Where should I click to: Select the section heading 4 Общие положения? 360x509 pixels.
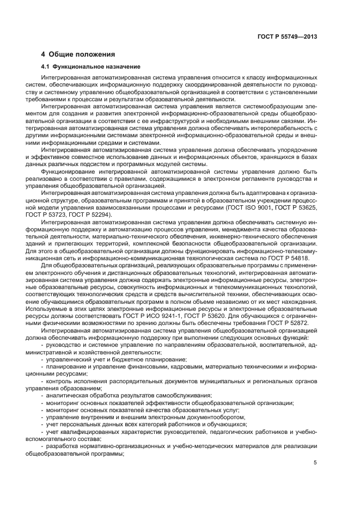point(78,54)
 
